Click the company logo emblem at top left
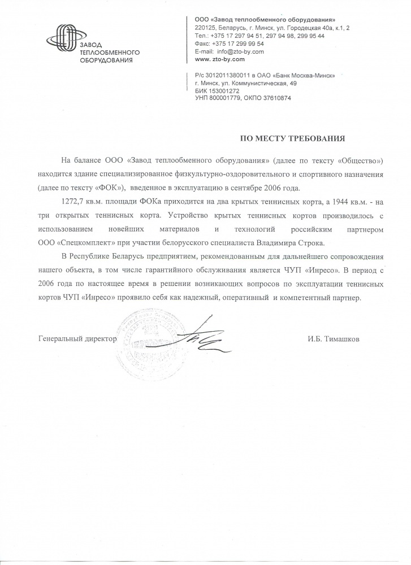pyautogui.click(x=63, y=38)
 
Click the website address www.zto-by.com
pyautogui.click(x=219, y=59)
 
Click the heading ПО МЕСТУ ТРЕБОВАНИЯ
pyautogui.click(x=292, y=137)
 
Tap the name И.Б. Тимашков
pyautogui.click(x=334, y=339)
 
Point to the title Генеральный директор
pyautogui.click(x=77, y=339)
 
